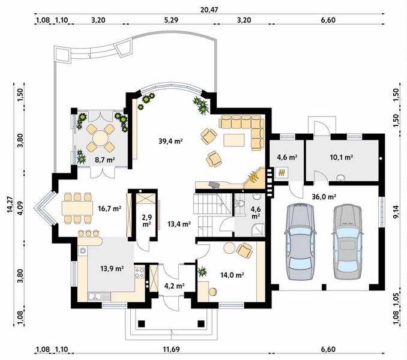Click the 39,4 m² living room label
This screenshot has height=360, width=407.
(170, 142)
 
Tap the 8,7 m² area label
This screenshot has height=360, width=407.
(104, 160)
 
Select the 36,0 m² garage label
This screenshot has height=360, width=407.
(324, 197)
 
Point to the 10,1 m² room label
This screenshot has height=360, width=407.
(342, 157)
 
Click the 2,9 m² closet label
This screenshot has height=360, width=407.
(146, 220)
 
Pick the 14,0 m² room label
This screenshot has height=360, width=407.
(232, 275)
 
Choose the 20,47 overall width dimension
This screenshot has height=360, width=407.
(210, 10)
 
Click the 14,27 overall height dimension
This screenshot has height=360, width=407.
(10, 205)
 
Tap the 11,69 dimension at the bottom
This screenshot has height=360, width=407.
(171, 349)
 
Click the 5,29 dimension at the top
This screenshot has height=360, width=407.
(171, 20)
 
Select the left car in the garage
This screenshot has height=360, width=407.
(301, 242)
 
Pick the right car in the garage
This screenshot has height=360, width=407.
(348, 242)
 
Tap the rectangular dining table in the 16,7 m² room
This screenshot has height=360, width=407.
(77, 208)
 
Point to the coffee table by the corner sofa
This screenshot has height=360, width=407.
(234, 140)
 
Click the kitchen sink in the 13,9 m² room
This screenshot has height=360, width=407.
(95, 296)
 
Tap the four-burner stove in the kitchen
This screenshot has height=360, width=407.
(139, 272)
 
